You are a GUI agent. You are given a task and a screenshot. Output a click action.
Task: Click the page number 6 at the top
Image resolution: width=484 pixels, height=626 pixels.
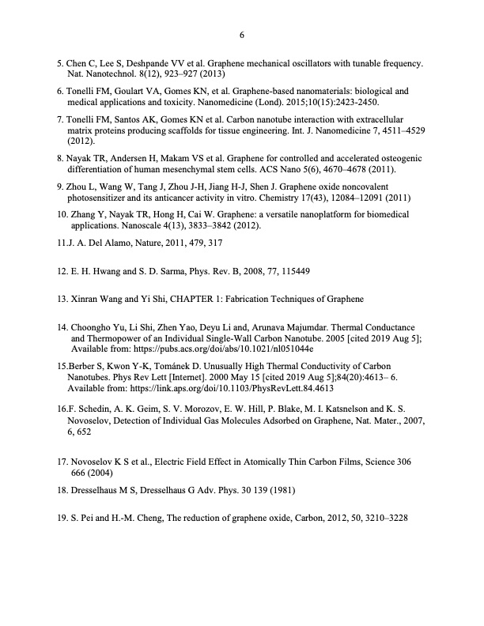[242, 35]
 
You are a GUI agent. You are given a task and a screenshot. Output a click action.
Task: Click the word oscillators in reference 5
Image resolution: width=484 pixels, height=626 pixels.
[295, 62]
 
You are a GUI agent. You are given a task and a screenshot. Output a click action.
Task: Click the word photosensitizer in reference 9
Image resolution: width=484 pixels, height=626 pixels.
[104, 198]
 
